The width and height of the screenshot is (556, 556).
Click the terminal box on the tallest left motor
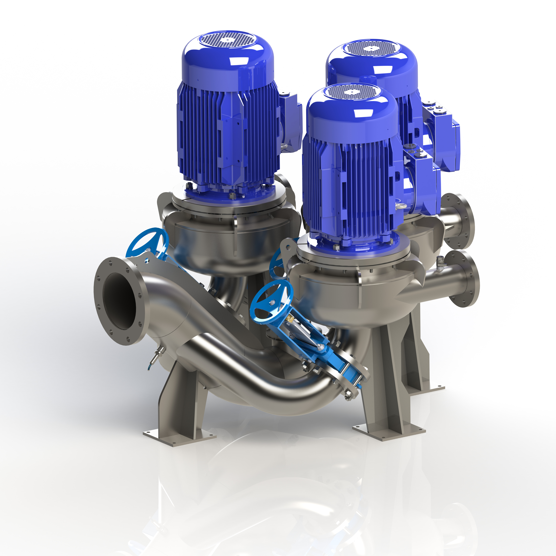[x=291, y=121]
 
